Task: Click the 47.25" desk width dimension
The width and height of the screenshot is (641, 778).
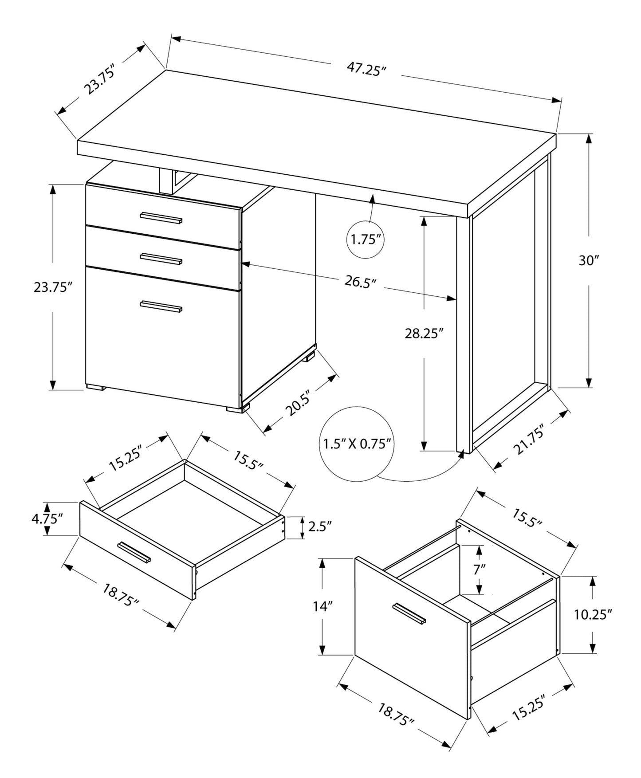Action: (366, 69)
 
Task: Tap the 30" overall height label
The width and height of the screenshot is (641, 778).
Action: (589, 261)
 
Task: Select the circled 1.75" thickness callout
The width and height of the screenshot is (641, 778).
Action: (366, 240)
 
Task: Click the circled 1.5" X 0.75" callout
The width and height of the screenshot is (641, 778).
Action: (357, 444)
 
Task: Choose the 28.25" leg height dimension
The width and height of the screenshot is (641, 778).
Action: (424, 333)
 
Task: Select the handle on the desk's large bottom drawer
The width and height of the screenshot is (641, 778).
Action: (161, 306)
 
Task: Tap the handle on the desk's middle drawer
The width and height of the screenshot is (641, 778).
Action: (161, 258)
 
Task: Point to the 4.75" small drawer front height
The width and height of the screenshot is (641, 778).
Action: (47, 519)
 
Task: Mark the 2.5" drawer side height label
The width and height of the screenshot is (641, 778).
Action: (320, 527)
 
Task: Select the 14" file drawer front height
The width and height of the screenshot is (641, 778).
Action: (323, 606)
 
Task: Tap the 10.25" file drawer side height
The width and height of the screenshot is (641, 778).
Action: (593, 614)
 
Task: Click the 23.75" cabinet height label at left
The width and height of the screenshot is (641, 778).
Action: (53, 287)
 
